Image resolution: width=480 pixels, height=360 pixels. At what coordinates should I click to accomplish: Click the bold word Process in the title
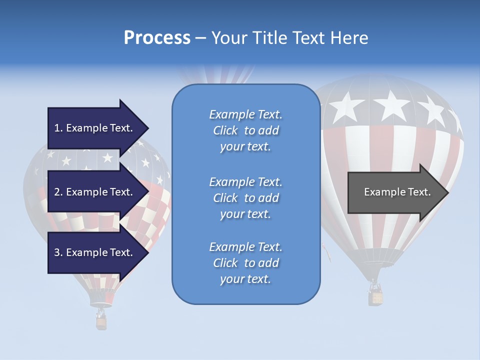tap(157, 38)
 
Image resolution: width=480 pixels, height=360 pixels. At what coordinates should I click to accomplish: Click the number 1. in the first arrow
tap(58, 128)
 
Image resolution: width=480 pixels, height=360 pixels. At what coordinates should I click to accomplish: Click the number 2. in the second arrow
tap(58, 192)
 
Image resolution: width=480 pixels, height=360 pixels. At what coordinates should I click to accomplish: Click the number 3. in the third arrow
tap(58, 252)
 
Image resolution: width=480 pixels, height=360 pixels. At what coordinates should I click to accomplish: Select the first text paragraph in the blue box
tap(245, 130)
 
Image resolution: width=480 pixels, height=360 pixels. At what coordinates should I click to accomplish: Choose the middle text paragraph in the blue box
tap(245, 198)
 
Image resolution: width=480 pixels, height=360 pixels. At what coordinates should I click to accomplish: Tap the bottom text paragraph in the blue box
tap(245, 263)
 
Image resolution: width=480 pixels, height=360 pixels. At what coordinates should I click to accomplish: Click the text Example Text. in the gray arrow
tap(397, 192)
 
